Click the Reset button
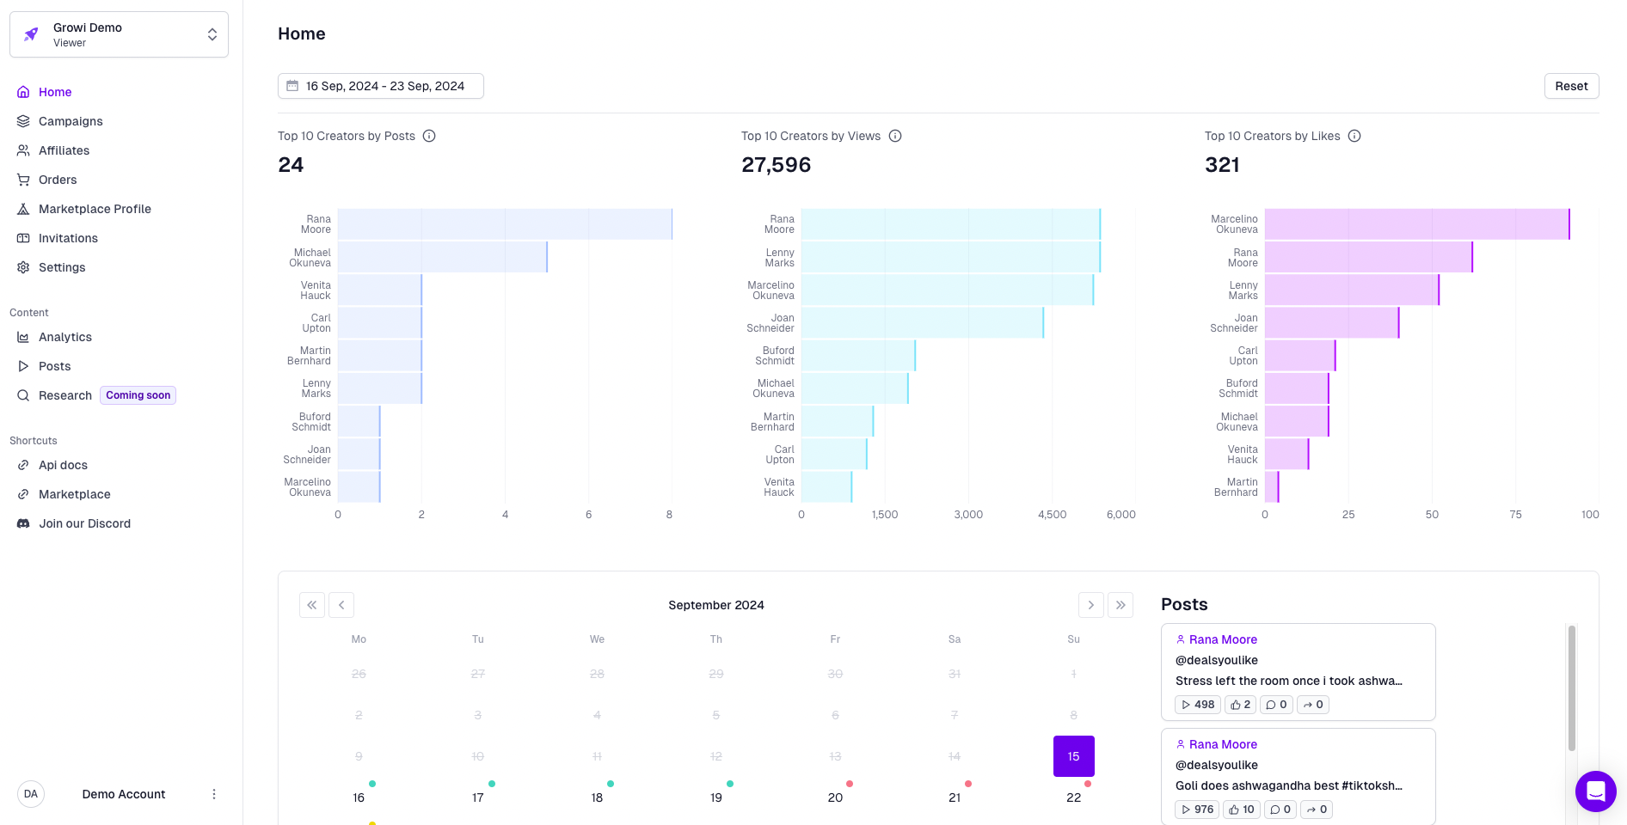(x=1571, y=86)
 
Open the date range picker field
(x=380, y=86)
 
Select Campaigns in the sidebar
(x=71, y=121)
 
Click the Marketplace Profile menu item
(x=95, y=209)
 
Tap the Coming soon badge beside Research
(x=138, y=395)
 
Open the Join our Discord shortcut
(x=84, y=523)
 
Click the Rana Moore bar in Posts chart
(x=505, y=224)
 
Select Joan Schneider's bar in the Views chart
(x=922, y=323)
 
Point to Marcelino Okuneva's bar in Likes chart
(x=1416, y=224)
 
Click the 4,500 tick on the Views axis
(x=1052, y=515)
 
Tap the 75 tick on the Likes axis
(x=1515, y=515)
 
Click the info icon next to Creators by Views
(x=895, y=136)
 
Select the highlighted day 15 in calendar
(x=1073, y=756)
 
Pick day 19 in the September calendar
(x=716, y=797)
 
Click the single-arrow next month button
(x=1090, y=605)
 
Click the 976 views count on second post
(x=1197, y=810)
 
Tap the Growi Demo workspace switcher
(x=119, y=34)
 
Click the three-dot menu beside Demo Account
(x=214, y=794)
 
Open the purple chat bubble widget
(x=1595, y=791)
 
